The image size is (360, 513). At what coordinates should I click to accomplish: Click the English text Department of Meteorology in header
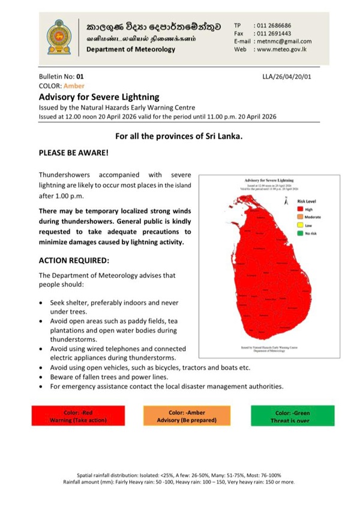pyautogui.click(x=131, y=49)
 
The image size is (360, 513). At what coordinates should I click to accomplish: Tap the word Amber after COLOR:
pyautogui.click(x=74, y=86)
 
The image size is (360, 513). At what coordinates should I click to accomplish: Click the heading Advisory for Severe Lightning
pyautogui.click(x=99, y=96)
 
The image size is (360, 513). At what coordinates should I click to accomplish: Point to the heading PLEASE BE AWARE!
pyautogui.click(x=73, y=153)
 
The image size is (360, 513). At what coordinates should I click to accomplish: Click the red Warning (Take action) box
pyautogui.click(x=79, y=416)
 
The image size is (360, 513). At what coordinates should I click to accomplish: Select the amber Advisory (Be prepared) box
pyautogui.click(x=187, y=416)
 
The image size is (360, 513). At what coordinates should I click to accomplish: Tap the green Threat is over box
pyautogui.click(x=292, y=416)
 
